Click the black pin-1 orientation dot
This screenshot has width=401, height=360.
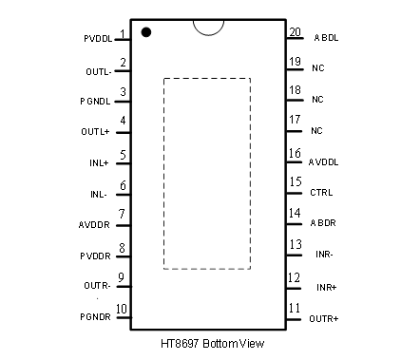[146, 32]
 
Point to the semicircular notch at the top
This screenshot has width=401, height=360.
[208, 34]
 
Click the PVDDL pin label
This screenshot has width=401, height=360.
[98, 39]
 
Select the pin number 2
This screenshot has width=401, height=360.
[123, 63]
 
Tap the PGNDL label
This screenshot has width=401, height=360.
[95, 102]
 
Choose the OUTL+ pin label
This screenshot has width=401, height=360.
[95, 131]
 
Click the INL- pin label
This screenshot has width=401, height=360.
[99, 194]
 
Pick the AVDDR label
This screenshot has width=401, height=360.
[94, 225]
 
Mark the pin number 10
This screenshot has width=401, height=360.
[122, 309]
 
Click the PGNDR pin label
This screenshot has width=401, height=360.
[95, 316]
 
